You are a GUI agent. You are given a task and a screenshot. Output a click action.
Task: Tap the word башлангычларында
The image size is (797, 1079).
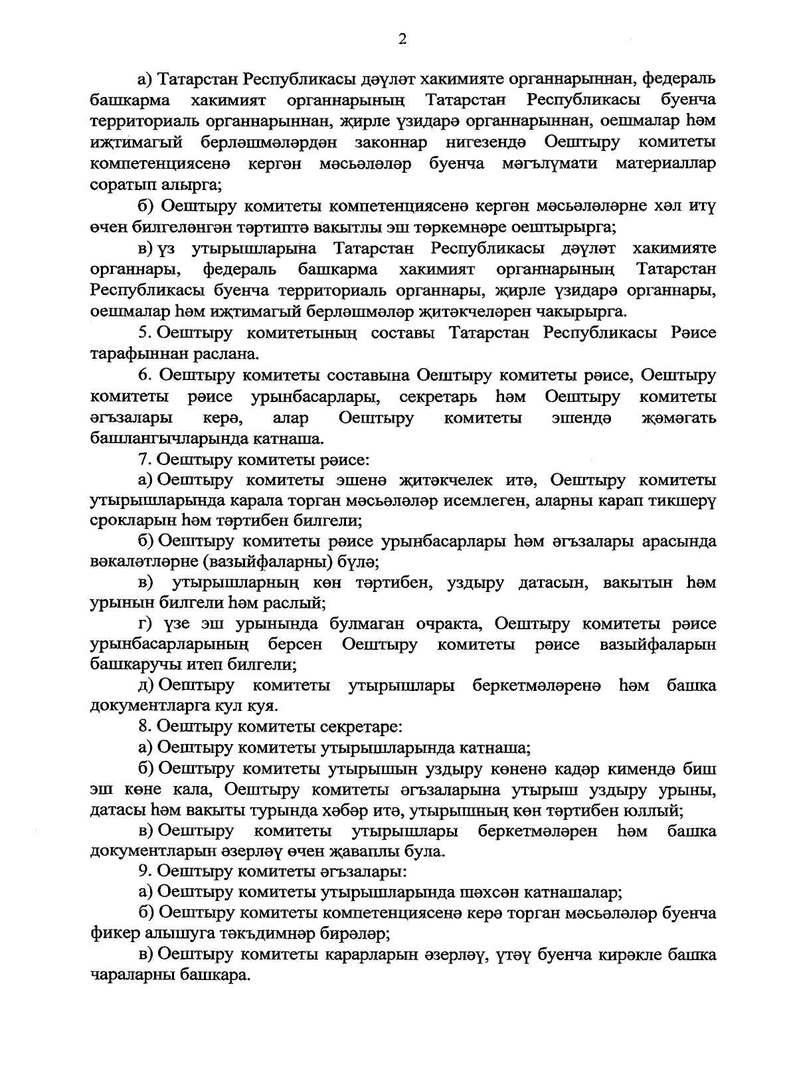coord(171,439)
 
